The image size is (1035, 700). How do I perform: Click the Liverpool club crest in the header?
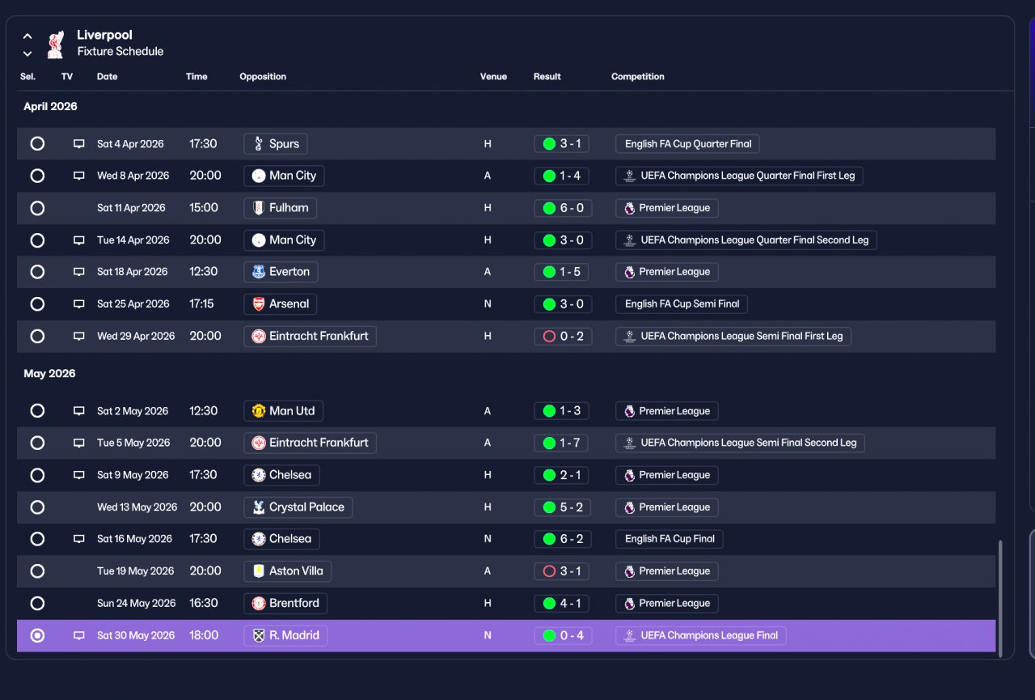point(56,45)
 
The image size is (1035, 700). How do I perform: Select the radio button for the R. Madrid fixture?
point(37,635)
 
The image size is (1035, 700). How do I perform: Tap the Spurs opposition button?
point(276,144)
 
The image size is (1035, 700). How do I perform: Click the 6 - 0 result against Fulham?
point(563,208)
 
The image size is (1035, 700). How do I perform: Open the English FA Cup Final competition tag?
point(669,539)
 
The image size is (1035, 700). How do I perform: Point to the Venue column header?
point(493,76)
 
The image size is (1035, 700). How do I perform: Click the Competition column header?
point(638,76)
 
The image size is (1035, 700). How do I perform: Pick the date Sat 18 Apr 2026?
point(132,272)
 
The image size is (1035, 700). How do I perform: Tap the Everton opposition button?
point(281,272)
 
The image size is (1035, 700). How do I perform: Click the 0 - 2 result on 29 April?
point(563,336)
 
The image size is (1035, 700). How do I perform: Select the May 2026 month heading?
point(49,373)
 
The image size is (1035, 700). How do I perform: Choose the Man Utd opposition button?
point(283,410)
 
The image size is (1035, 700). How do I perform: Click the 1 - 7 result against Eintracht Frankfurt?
point(561,443)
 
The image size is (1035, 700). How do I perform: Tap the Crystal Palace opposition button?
point(298,507)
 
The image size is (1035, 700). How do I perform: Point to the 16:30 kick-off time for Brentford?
point(203,603)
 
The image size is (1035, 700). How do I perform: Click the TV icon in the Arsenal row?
point(79,303)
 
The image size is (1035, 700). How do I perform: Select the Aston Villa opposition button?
point(287,571)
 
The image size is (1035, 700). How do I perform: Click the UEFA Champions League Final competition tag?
point(700,635)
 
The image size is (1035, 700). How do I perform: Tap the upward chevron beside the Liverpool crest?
point(27,36)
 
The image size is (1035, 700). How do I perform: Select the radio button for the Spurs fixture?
point(37,144)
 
